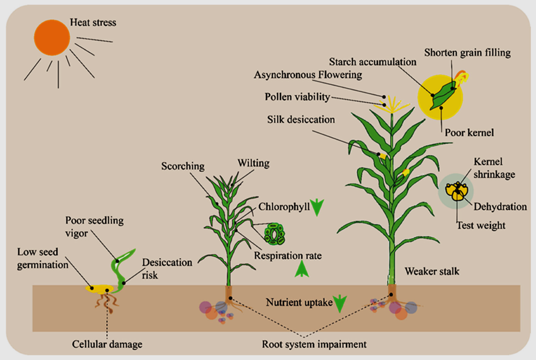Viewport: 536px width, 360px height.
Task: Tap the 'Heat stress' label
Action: pyautogui.click(x=93, y=23)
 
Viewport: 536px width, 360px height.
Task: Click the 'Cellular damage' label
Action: pyautogui.click(x=107, y=345)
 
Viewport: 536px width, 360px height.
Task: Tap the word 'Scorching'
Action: pyautogui.click(x=183, y=166)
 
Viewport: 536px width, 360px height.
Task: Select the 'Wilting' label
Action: pyautogui.click(x=253, y=163)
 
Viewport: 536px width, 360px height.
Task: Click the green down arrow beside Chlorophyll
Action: pyautogui.click(x=318, y=207)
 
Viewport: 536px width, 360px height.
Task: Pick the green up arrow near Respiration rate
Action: pyautogui.click(x=301, y=270)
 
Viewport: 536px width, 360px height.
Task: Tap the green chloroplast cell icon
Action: pyautogui.click(x=274, y=233)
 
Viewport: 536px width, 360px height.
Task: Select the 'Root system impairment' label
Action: pyautogui.click(x=314, y=345)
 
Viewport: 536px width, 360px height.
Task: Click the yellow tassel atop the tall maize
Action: pyautogui.click(x=392, y=103)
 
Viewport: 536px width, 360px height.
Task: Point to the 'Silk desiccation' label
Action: pyautogui.click(x=301, y=119)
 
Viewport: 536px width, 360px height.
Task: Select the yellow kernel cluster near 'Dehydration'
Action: pyautogui.click(x=456, y=191)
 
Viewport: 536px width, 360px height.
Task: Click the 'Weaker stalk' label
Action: pyautogui.click(x=431, y=271)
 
